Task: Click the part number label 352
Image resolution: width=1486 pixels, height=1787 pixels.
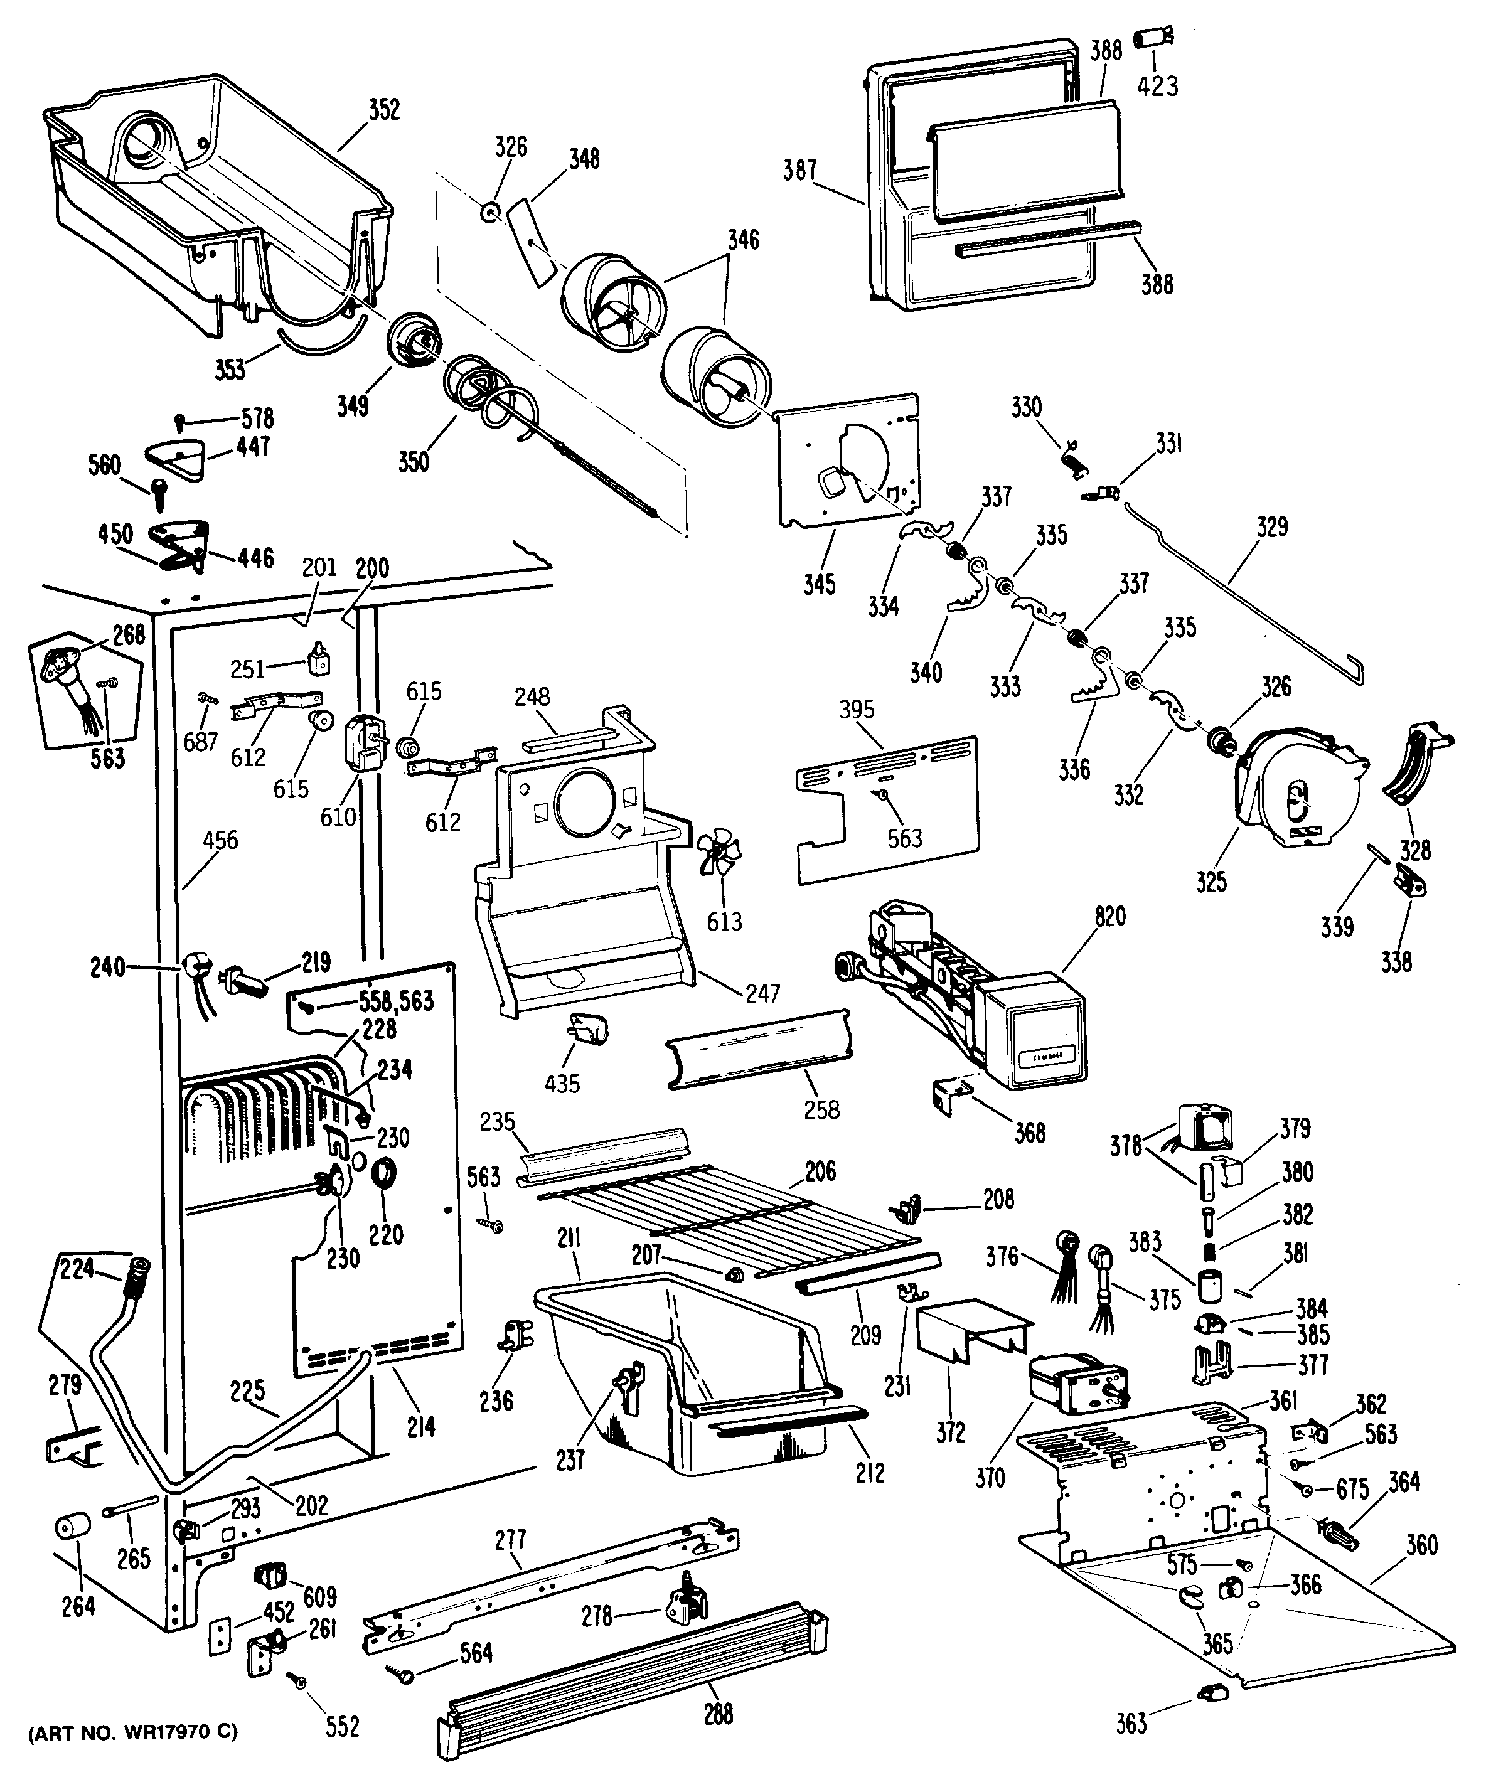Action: click(x=384, y=110)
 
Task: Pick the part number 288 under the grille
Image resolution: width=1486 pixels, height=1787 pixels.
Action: click(x=719, y=1713)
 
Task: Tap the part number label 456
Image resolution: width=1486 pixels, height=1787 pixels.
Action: click(x=220, y=841)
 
